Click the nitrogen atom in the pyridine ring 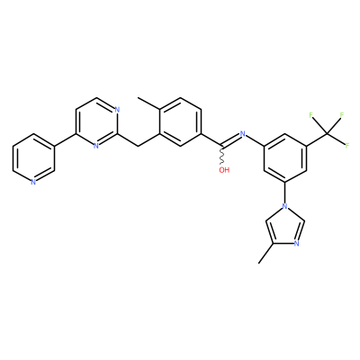click(x=33, y=182)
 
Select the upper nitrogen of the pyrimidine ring click(x=117, y=110)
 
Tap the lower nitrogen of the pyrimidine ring click(x=96, y=146)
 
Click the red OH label click(x=224, y=170)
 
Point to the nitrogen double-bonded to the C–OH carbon click(x=243, y=134)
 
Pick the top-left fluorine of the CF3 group click(x=311, y=115)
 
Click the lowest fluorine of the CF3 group click(x=347, y=146)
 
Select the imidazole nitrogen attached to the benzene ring click(x=284, y=206)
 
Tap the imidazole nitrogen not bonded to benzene click(x=296, y=243)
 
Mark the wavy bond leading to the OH click(x=222, y=156)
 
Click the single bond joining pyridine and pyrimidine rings click(x=65, y=140)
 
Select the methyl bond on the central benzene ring click(x=148, y=103)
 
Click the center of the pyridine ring click(x=33, y=158)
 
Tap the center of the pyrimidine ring click(x=96, y=121)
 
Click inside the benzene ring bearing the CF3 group click(x=284, y=158)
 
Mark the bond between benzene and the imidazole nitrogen click(x=284, y=193)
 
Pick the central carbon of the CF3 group click(x=327, y=134)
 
